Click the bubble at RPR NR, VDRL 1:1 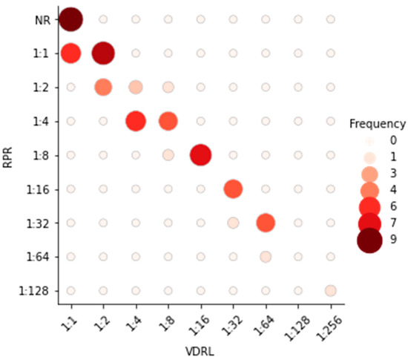click(x=70, y=19)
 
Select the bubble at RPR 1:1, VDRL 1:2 click(x=103, y=53)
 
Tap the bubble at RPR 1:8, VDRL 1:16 click(x=200, y=155)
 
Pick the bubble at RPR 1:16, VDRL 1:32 click(x=233, y=189)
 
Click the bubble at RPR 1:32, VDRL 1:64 click(x=266, y=222)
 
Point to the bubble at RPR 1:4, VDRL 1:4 click(x=136, y=121)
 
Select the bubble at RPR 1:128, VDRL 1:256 click(x=330, y=290)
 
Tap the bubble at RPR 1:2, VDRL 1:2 click(x=103, y=87)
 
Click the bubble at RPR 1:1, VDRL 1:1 click(x=70, y=53)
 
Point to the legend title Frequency click(x=378, y=124)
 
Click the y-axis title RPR click(x=10, y=154)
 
